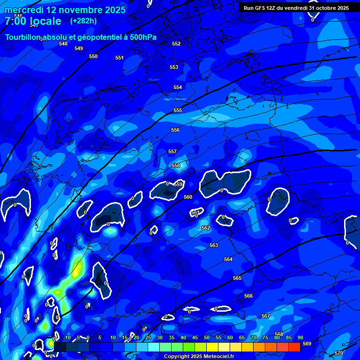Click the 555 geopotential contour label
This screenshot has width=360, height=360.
tap(178, 110)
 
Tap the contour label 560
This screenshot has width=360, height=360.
tap(188, 197)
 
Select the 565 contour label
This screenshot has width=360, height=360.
tap(237, 278)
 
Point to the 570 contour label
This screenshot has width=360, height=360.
tap(339, 353)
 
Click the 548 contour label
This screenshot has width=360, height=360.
tap(63, 44)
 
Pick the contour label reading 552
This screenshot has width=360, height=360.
tap(176, 44)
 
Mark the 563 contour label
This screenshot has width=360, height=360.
tap(214, 245)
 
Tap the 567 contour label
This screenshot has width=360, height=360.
tap(266, 316)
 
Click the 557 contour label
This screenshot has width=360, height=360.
tap(172, 151)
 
